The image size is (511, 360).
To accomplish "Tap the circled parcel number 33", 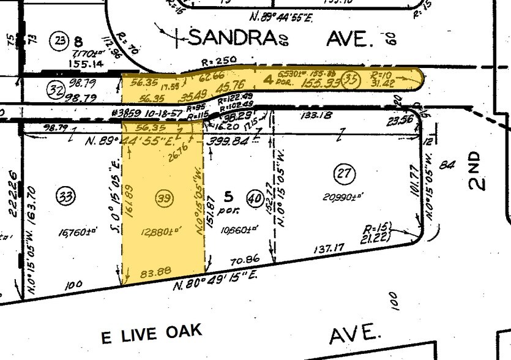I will [65, 197].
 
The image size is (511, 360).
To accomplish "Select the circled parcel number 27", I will [343, 174].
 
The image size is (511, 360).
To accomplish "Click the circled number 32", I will [56, 91].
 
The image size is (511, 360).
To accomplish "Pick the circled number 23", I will [59, 42].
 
